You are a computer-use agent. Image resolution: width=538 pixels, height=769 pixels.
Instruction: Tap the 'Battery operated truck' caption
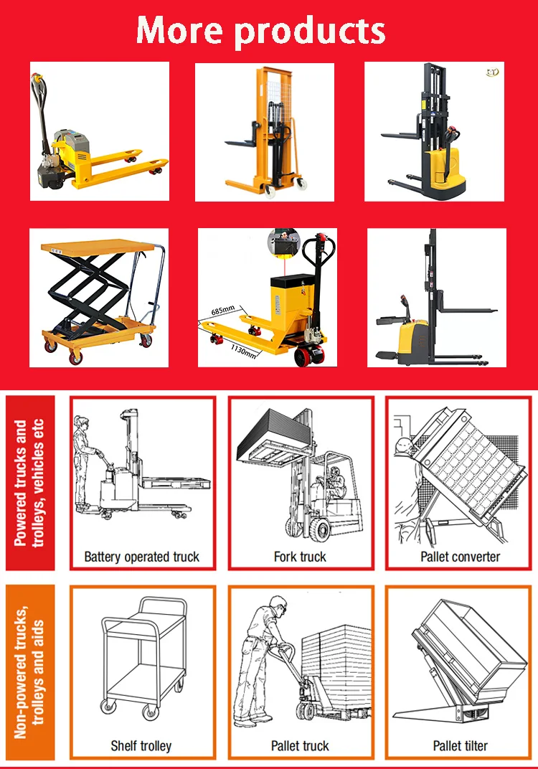[142, 557]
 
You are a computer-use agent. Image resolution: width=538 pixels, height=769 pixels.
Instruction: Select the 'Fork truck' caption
[300, 557]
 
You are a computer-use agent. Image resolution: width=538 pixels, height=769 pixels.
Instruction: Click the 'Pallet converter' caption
[461, 557]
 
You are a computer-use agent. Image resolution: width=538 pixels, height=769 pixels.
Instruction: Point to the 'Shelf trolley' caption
[141, 746]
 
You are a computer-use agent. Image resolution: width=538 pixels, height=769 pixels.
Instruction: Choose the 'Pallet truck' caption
[300, 746]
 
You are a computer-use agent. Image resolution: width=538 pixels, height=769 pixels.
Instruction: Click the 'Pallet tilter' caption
[461, 746]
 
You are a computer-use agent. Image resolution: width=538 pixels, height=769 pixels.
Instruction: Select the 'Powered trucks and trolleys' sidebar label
[29, 483]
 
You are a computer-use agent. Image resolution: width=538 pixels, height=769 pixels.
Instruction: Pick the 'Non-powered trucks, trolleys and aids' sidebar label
[29, 672]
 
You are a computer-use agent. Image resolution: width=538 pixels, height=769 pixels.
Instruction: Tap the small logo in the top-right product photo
[492, 72]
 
